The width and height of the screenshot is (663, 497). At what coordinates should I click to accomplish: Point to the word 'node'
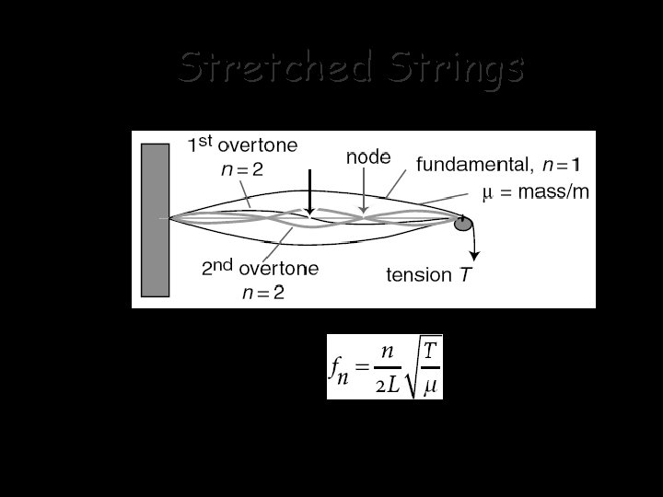pyautogui.click(x=368, y=156)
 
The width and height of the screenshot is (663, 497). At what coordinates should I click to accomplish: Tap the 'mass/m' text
pyautogui.click(x=556, y=192)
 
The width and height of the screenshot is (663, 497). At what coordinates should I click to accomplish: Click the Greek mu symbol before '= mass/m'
pyautogui.click(x=489, y=193)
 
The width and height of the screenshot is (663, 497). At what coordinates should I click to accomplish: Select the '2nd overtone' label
pyautogui.click(x=261, y=269)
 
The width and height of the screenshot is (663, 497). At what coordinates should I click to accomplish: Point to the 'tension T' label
pyautogui.click(x=431, y=275)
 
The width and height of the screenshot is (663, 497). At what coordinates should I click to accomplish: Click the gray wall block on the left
pyautogui.click(x=155, y=219)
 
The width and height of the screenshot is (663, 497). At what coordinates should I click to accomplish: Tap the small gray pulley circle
pyautogui.click(x=463, y=223)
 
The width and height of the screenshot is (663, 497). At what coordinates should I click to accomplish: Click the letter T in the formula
pyautogui.click(x=429, y=351)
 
